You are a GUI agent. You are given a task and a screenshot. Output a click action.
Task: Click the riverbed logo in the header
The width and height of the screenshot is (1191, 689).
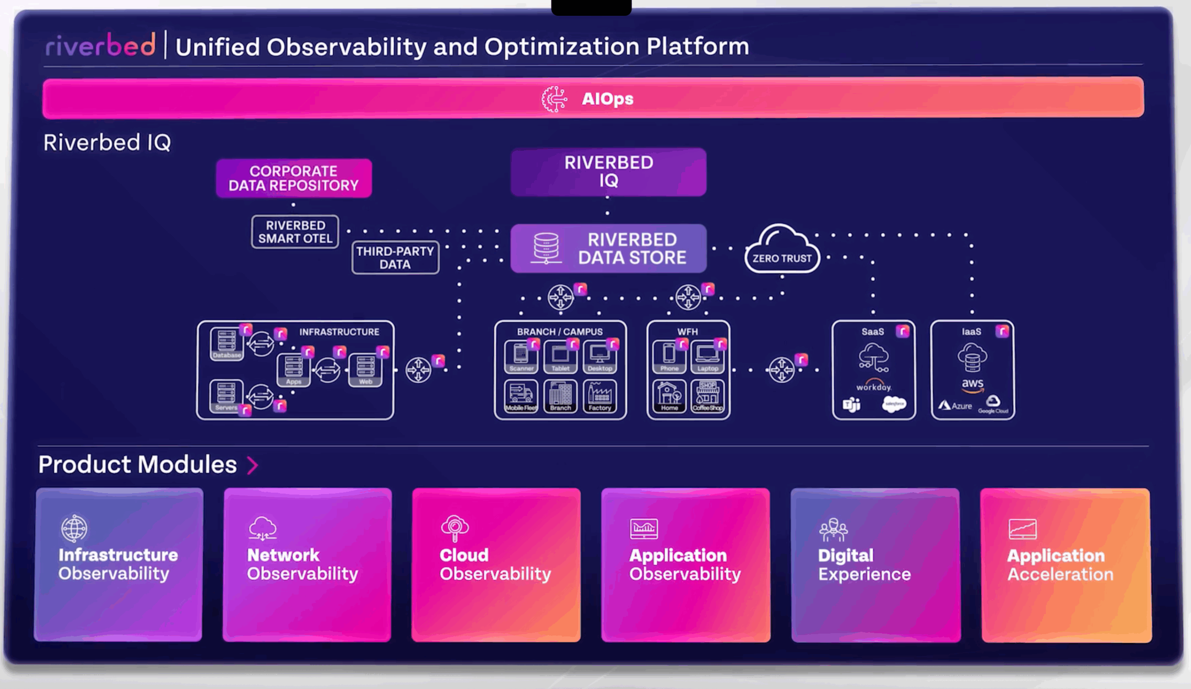(100, 46)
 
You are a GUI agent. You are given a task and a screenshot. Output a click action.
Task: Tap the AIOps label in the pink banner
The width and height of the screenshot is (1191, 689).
(607, 99)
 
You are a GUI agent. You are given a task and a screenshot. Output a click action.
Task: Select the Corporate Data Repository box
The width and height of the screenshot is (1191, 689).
(294, 178)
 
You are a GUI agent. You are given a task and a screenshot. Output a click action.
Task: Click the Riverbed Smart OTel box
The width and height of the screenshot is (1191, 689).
(295, 232)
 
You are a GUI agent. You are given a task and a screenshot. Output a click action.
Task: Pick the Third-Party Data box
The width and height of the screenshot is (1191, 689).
(395, 258)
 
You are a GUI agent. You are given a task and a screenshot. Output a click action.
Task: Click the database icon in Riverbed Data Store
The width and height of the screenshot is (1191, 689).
(546, 247)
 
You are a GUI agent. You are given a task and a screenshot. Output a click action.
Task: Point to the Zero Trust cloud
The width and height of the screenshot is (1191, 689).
(782, 250)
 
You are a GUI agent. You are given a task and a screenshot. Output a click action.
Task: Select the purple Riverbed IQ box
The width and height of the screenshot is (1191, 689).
(608, 172)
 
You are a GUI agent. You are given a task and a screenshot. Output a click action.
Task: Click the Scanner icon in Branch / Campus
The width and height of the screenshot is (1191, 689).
(521, 356)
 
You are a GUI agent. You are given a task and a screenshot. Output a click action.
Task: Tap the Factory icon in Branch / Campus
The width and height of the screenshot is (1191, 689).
(600, 396)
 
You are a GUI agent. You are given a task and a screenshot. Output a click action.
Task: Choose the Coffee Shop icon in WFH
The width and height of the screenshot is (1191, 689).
(708, 396)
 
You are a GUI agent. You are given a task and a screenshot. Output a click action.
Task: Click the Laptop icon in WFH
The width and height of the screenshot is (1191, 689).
(708, 356)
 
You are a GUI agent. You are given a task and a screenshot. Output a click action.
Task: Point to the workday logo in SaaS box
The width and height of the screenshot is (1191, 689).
(873, 386)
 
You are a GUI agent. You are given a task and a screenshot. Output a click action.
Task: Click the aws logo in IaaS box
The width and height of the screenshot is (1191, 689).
(972, 385)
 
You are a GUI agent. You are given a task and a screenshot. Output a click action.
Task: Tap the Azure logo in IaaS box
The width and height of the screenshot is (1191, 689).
(955, 406)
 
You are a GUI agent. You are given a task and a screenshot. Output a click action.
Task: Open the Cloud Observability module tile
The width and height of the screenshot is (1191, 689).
(496, 565)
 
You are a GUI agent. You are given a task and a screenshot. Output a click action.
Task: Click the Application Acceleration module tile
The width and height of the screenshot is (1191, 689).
(1066, 565)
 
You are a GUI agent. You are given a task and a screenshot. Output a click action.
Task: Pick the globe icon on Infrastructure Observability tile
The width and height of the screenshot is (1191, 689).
(74, 528)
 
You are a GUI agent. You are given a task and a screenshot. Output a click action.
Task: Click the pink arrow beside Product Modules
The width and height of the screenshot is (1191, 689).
(253, 465)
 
